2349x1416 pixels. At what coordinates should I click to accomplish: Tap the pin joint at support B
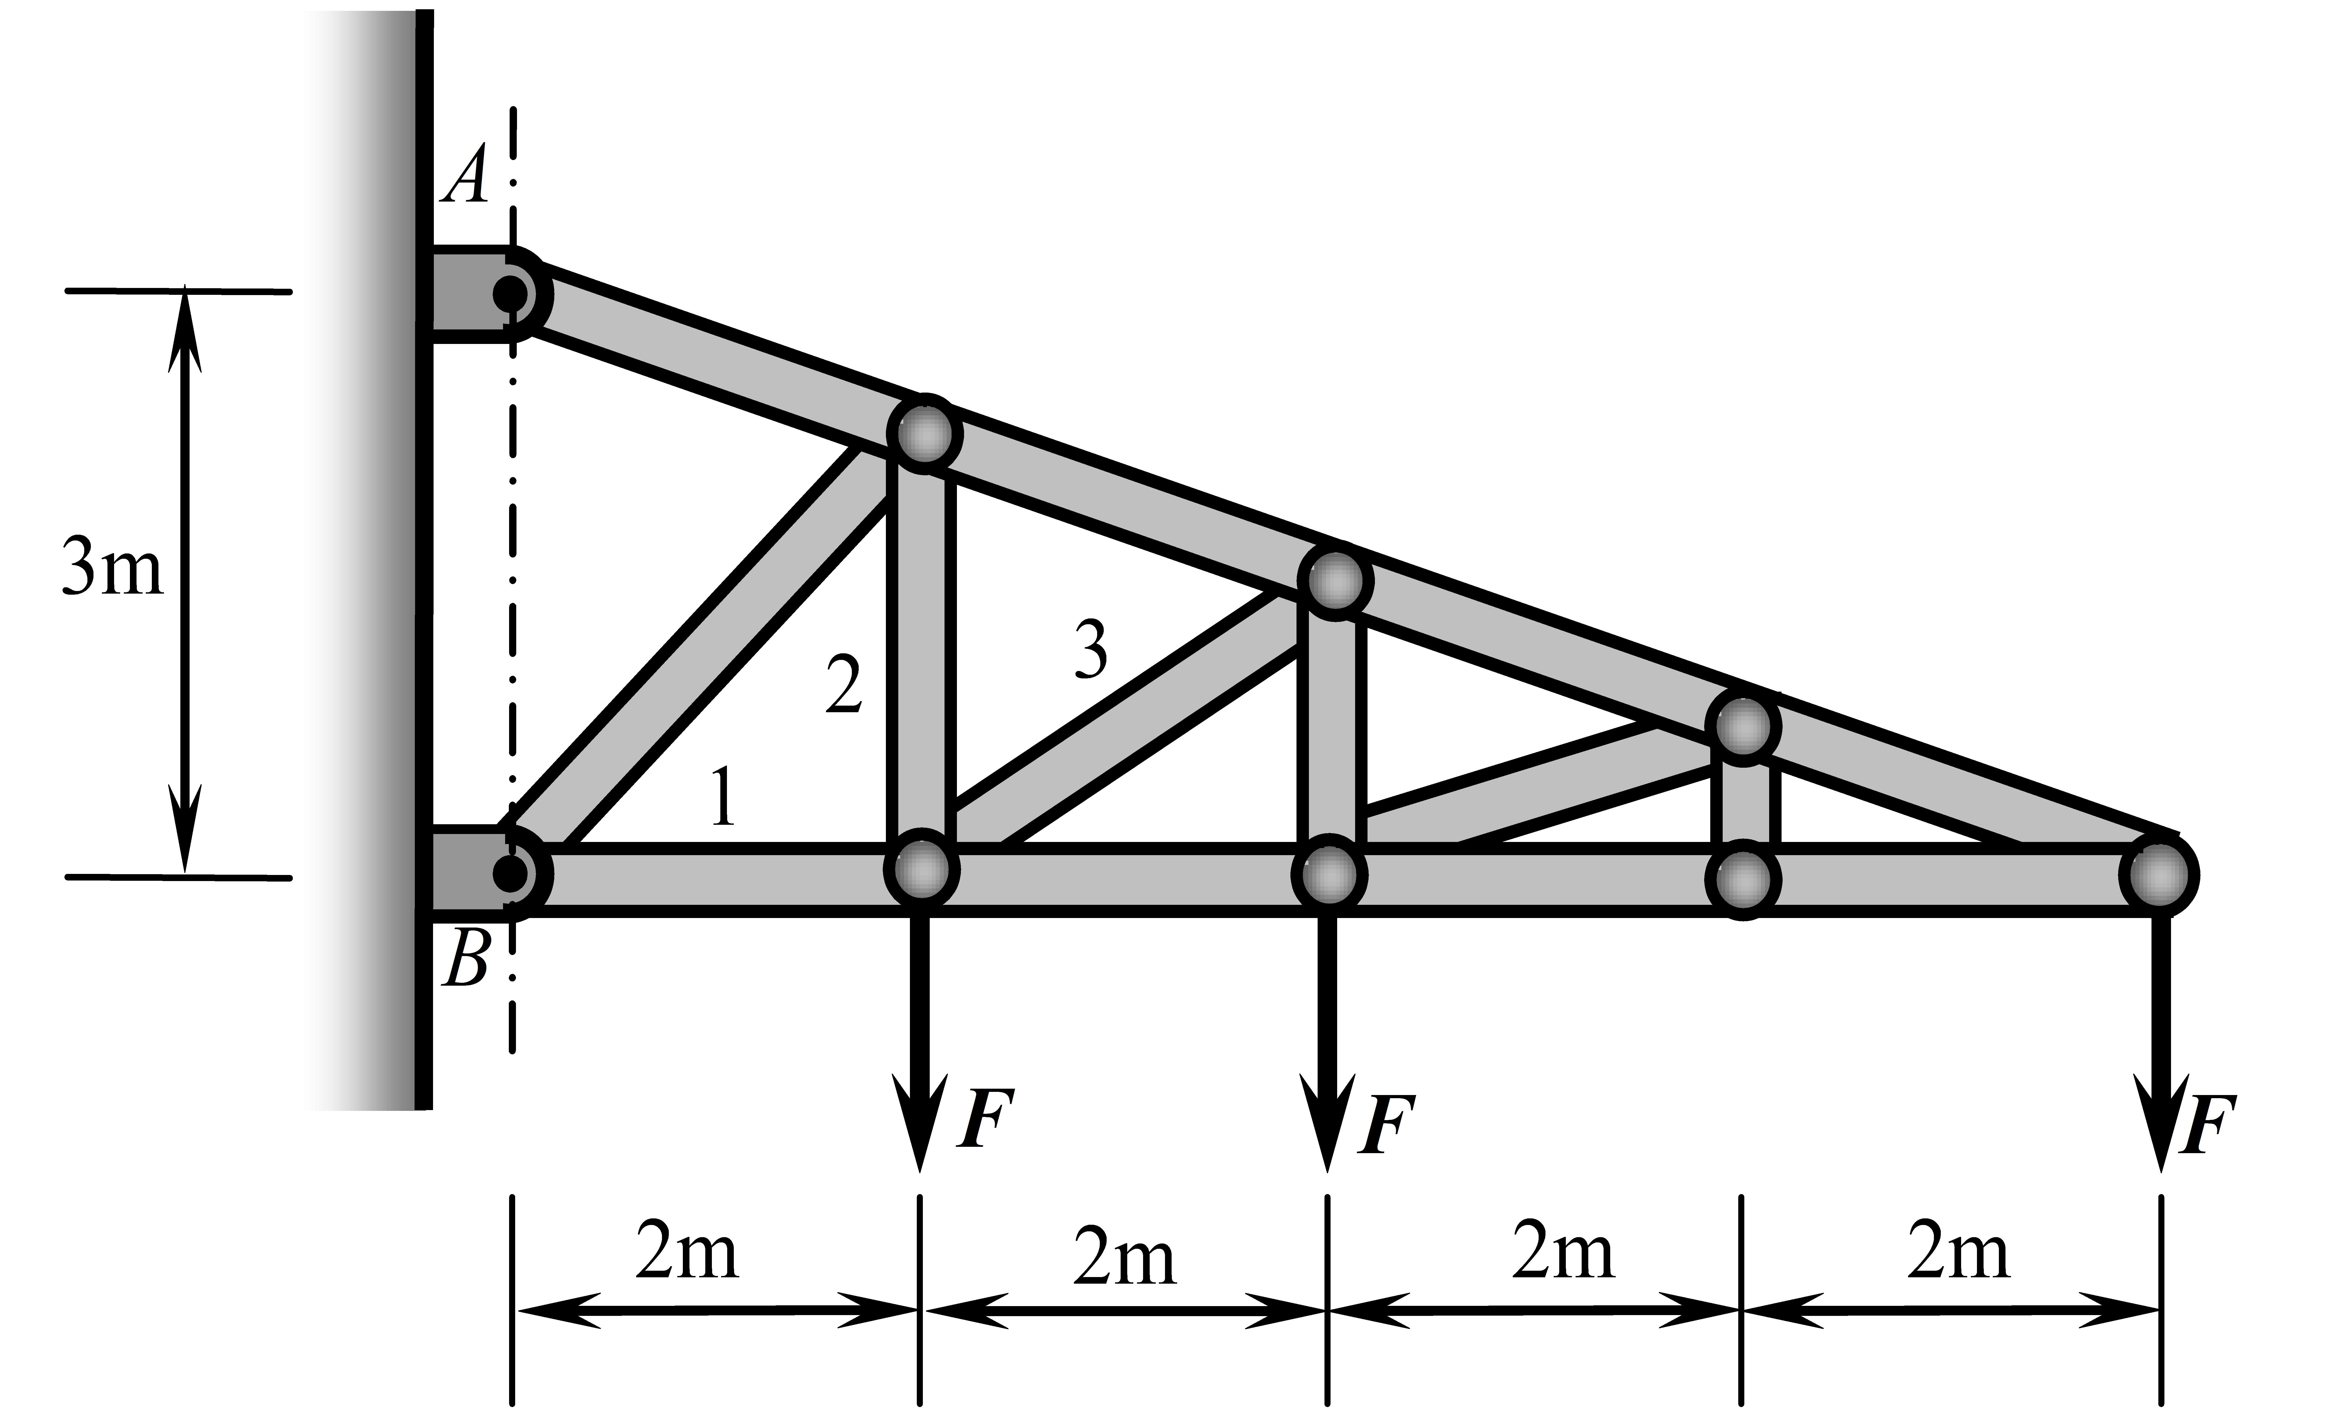coord(512,873)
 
